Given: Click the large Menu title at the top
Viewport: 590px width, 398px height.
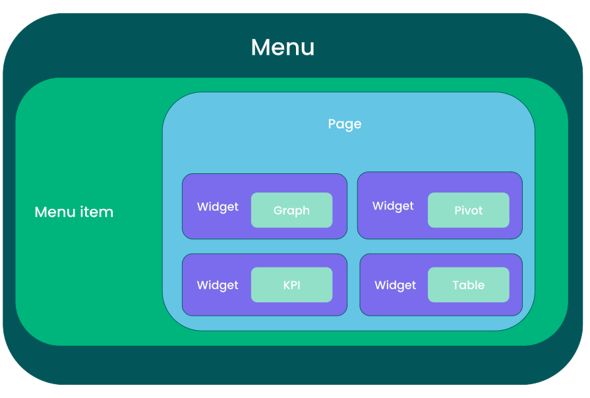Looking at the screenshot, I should [x=283, y=47].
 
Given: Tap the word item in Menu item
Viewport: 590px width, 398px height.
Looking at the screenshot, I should [x=98, y=212].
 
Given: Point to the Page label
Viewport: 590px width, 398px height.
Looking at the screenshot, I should [x=345, y=124].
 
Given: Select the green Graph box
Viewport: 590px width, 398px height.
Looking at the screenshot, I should [x=291, y=210].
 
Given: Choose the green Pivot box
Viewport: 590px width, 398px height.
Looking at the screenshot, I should [x=469, y=210].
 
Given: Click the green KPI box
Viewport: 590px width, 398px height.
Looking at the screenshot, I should [x=291, y=285].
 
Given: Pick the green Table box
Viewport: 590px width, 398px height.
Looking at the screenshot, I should [x=469, y=285].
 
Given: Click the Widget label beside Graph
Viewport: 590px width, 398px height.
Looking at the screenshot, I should [x=218, y=207].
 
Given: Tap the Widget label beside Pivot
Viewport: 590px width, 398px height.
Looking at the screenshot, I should [x=393, y=206].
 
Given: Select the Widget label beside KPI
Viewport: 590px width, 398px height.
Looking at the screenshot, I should [x=218, y=285].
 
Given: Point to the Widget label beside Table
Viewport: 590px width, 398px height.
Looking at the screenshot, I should [x=396, y=285].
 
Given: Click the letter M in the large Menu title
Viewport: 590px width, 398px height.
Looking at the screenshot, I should [x=261, y=47].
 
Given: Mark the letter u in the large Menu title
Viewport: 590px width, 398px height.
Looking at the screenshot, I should [x=307, y=49].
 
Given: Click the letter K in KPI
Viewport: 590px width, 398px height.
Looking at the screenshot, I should [x=287, y=285].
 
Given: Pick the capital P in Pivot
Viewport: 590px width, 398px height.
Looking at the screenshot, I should [x=458, y=210].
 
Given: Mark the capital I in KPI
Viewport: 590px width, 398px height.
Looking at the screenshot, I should [x=299, y=285].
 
